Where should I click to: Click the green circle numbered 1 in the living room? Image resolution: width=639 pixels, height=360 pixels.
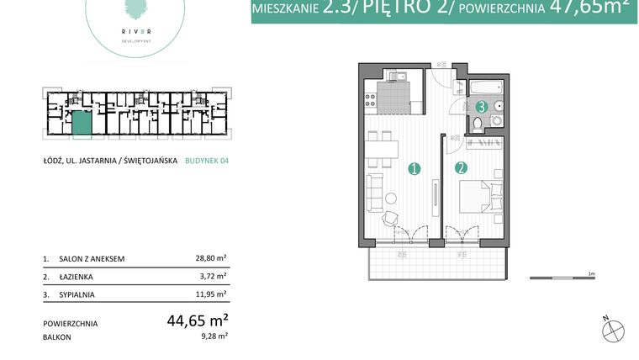pyautogui.click(x=414, y=168)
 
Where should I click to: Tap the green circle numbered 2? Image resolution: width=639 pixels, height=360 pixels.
pyautogui.click(x=461, y=168)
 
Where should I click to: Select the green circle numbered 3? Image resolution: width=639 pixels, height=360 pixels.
pyautogui.click(x=481, y=107)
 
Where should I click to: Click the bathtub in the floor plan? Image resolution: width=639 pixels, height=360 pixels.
pyautogui.click(x=487, y=88)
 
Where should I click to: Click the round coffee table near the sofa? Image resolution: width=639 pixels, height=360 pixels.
pyautogui.click(x=391, y=199)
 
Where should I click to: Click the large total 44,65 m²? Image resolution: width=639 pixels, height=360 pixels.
pyautogui.click(x=198, y=321)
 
